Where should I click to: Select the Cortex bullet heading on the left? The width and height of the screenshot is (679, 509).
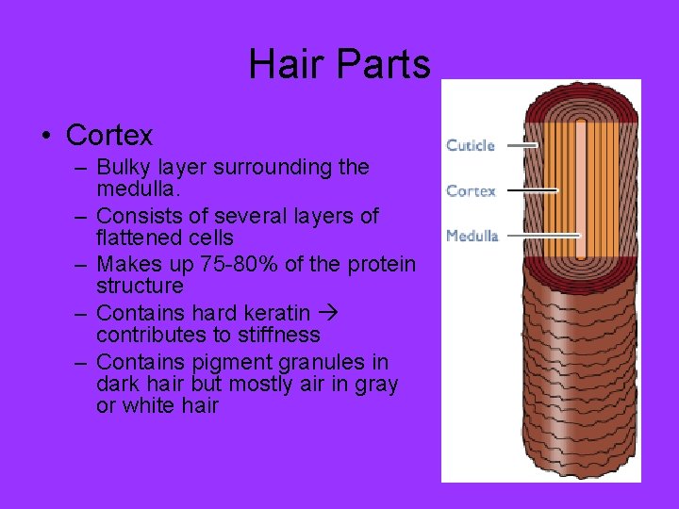[x=108, y=136]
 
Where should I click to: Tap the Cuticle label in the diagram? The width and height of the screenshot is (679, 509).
[x=471, y=145]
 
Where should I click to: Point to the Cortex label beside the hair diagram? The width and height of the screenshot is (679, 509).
[x=471, y=190]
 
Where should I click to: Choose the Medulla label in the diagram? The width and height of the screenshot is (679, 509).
[x=472, y=236]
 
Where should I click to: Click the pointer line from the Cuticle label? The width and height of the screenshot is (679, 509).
[x=519, y=145]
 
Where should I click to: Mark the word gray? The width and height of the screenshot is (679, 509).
[x=376, y=385]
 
